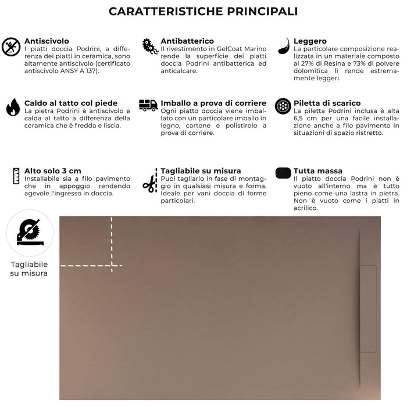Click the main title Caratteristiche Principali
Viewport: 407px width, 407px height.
[203, 11]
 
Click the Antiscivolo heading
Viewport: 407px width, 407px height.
[47, 41]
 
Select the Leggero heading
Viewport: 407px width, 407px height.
[310, 41]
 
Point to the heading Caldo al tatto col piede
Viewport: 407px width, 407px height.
[70, 103]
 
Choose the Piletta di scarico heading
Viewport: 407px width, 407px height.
[327, 103]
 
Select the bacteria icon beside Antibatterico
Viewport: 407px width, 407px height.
[150, 46]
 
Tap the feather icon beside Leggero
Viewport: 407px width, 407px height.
[284, 45]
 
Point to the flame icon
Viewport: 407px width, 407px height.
[12, 108]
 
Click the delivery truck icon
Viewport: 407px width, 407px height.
[148, 105]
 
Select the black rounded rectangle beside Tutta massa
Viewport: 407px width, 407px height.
[283, 173]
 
